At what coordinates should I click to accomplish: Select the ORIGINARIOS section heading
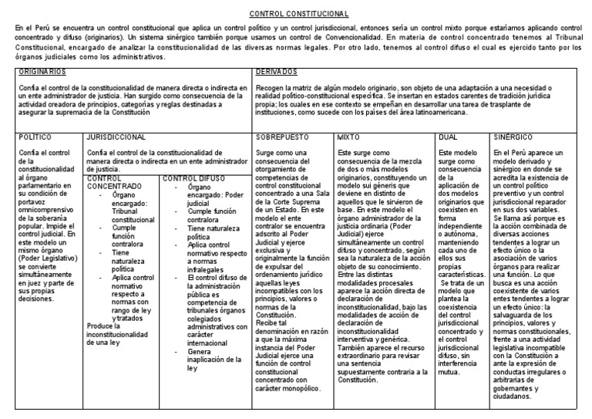click(x=39, y=71)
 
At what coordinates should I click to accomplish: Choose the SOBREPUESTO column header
click(x=283, y=137)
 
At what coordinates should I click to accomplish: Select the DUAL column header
click(x=447, y=137)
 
